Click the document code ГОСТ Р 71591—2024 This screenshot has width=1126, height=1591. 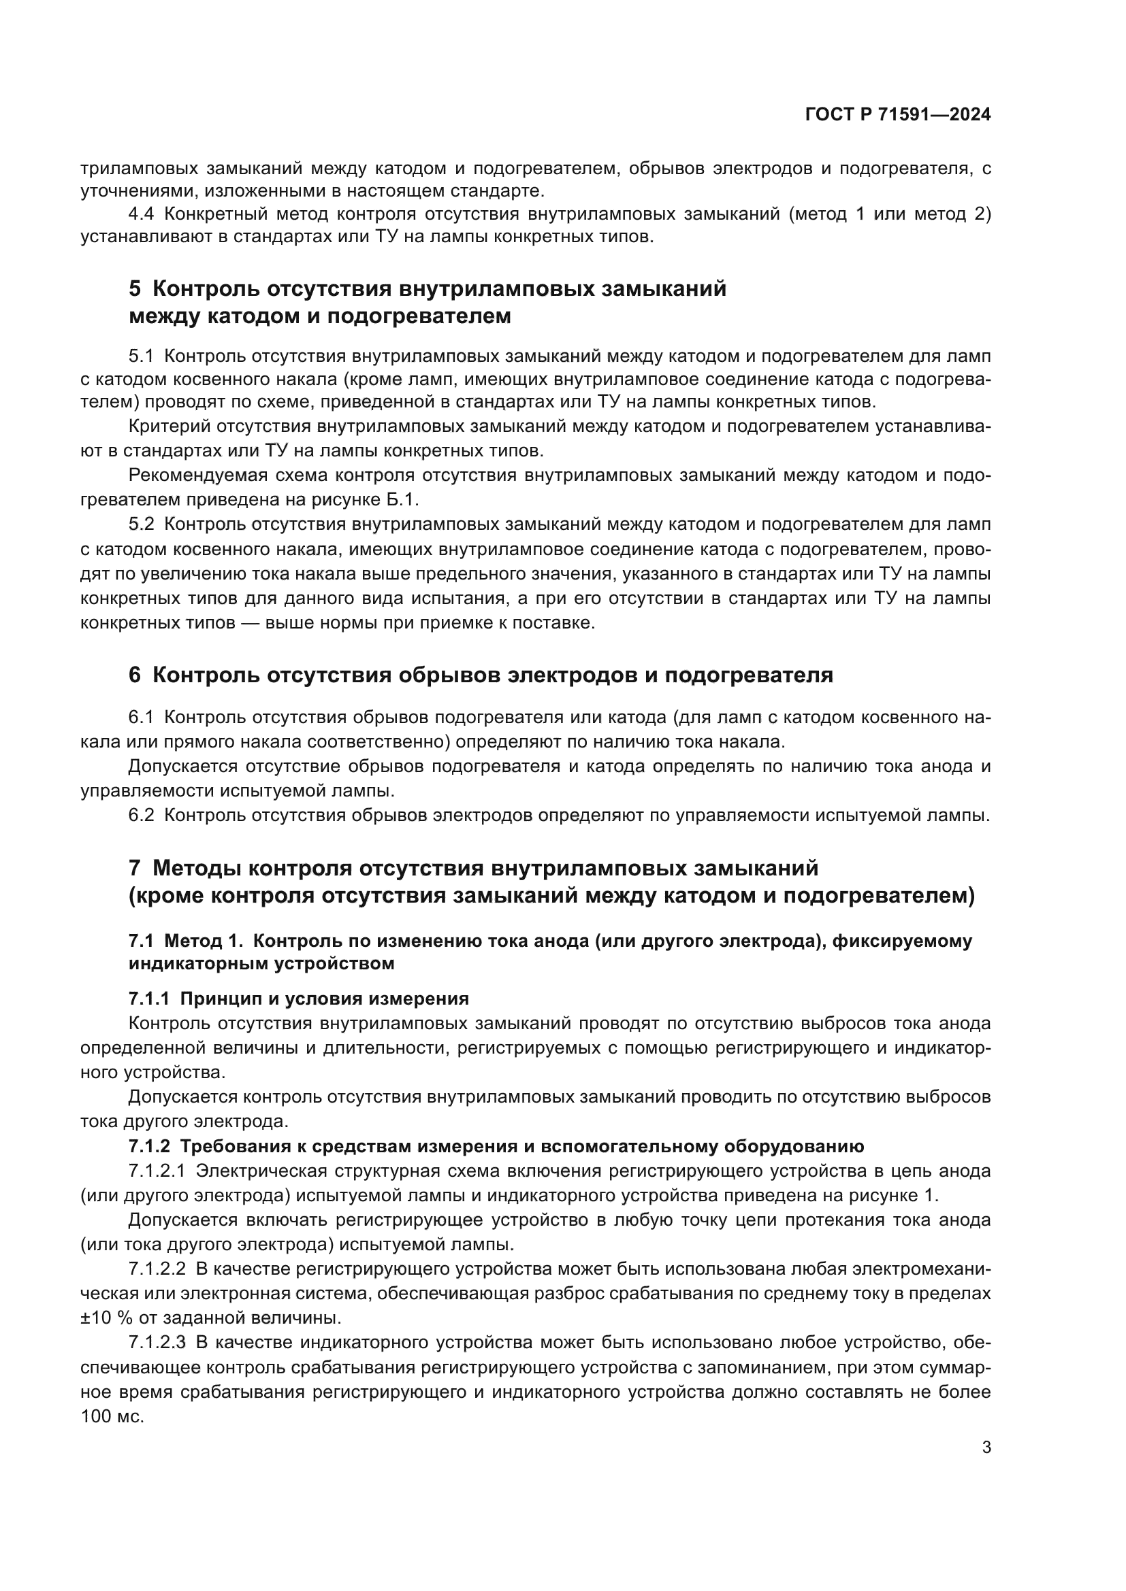pyautogui.click(x=897, y=115)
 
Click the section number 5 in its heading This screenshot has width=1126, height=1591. pyautogui.click(x=135, y=288)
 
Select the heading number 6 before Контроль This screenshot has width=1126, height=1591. pyautogui.click(x=135, y=675)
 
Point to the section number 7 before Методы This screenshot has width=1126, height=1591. pyautogui.click(x=135, y=867)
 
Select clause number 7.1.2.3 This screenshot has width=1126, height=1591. pyautogui.click(x=157, y=1342)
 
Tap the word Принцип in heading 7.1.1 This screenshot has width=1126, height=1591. pyautogui.click(x=213, y=999)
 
